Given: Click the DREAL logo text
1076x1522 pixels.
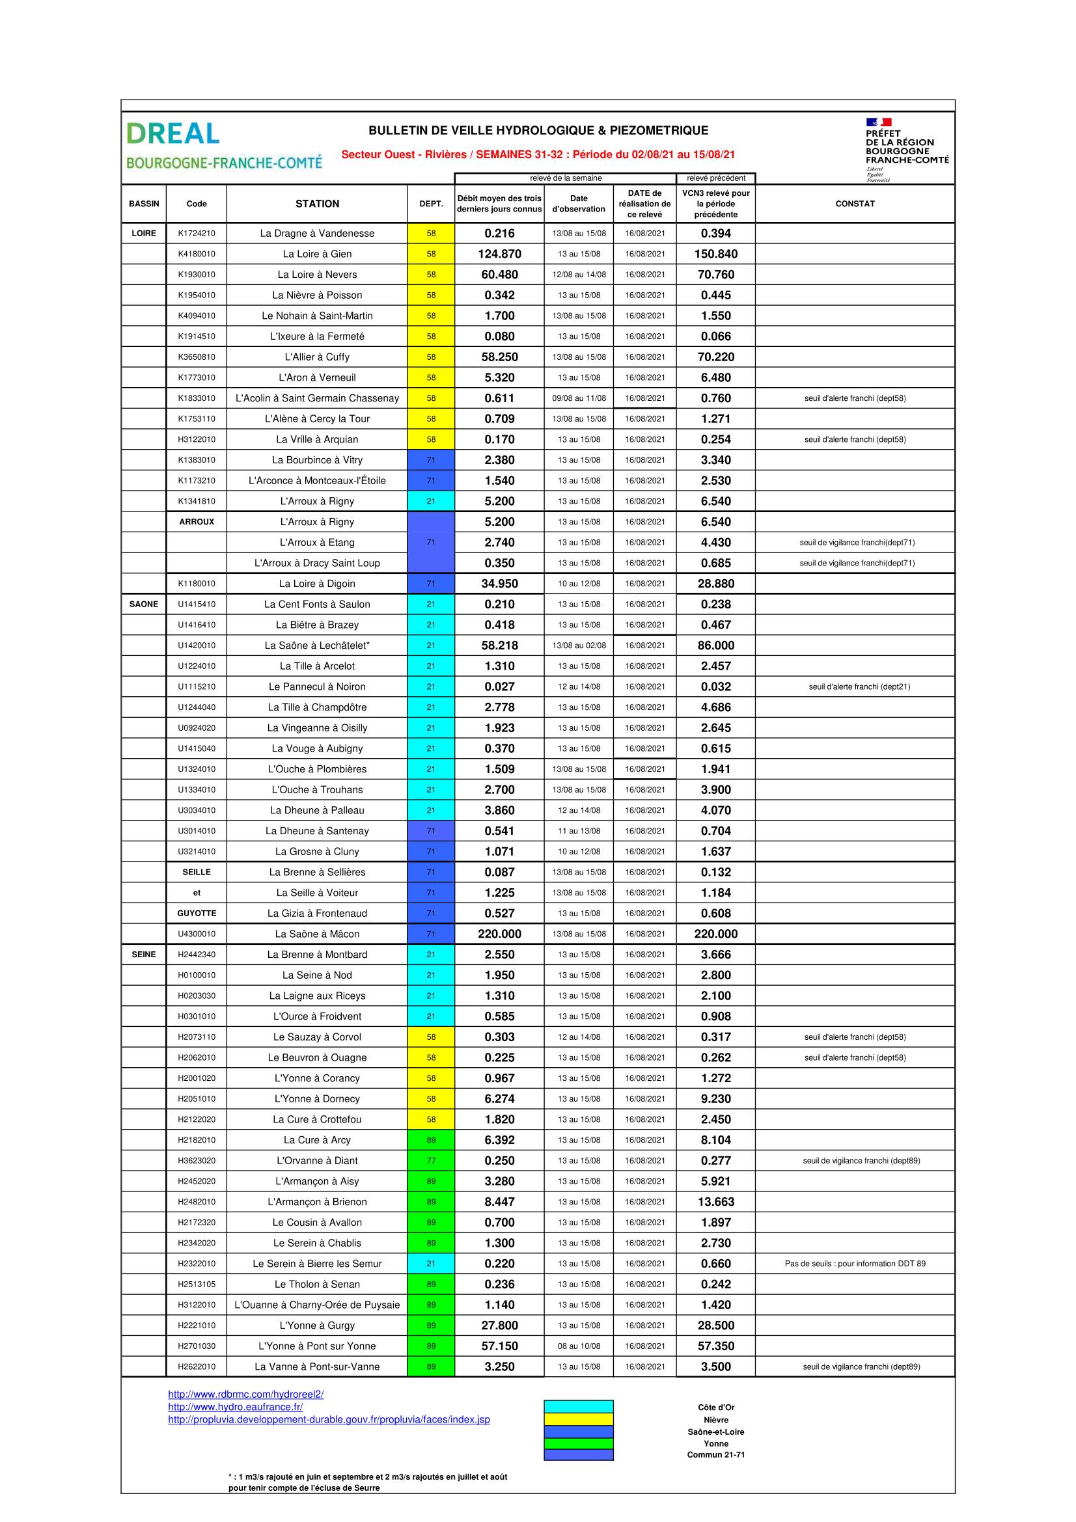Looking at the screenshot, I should point(173,133).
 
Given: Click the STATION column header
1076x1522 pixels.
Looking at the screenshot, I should point(317,204).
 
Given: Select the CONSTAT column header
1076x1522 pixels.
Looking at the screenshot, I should point(855,204).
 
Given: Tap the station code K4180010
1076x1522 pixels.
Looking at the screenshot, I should point(196,254).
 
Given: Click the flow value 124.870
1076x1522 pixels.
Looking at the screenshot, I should point(499,254).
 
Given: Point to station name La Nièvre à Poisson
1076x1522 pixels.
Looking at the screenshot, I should point(317,295).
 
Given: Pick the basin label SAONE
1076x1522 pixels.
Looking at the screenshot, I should point(144,604).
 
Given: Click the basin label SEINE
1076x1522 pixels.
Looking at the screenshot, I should point(144,955).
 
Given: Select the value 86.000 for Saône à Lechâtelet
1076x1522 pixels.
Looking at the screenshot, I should point(715,645).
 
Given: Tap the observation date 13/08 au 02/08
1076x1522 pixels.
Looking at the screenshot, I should point(579,645).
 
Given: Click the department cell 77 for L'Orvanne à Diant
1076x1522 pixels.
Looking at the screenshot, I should point(431,1161).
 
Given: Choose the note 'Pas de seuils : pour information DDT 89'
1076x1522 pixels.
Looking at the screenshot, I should point(855,1264).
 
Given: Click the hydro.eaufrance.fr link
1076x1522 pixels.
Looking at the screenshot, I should point(236,1407).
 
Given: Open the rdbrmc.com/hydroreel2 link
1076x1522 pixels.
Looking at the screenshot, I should point(245,1394).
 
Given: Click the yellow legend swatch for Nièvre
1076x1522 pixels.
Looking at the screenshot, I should point(578,1419).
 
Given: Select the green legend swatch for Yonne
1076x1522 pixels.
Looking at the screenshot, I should point(578,1443).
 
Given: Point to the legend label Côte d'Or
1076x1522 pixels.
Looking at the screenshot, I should point(716,1407).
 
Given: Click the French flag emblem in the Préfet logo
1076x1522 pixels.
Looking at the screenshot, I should point(878,122).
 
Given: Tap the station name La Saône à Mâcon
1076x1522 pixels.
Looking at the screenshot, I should point(317,934).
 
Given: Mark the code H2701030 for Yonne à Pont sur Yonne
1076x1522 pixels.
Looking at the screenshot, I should point(196,1346).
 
